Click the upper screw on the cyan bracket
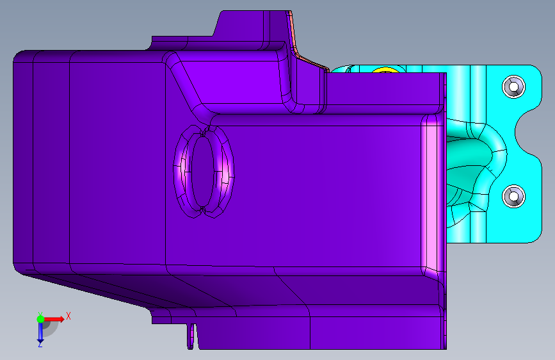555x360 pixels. click(513, 86)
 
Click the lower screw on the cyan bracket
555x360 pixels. click(513, 196)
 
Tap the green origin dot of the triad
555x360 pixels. click(40, 319)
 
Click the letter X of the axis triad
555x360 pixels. click(68, 316)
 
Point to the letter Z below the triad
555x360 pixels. click(40, 344)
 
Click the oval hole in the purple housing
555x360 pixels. click(202, 172)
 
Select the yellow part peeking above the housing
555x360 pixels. click(385, 70)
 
